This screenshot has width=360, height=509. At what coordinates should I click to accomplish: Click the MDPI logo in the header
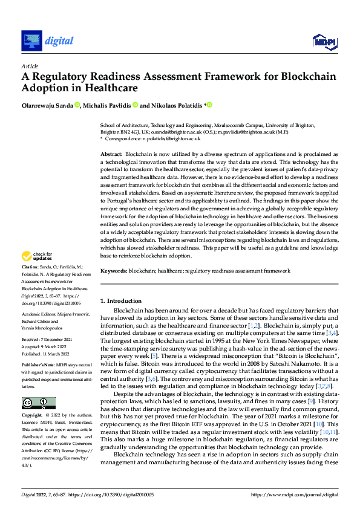point(325,41)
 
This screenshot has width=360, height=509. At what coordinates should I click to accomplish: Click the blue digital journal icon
point(31,41)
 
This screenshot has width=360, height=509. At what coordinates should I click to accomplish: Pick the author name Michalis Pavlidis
point(107,105)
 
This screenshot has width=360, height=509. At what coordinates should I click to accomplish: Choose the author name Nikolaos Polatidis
point(176,105)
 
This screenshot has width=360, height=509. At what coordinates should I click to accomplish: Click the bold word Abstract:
point(112,155)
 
